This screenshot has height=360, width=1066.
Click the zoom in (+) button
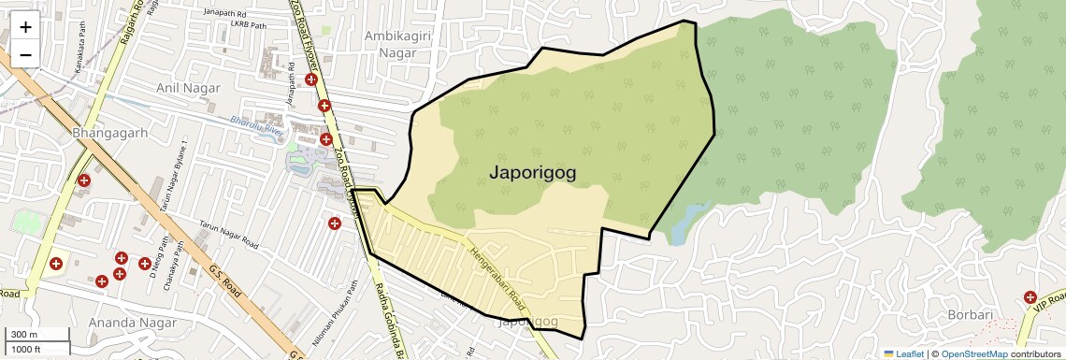click(x=25, y=27)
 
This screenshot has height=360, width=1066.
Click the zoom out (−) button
click(x=25, y=54)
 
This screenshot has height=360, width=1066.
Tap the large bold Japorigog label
click(x=532, y=172)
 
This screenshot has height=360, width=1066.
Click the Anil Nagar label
click(x=188, y=88)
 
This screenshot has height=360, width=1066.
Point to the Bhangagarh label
click(x=110, y=134)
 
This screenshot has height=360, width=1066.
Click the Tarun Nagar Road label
click(x=229, y=235)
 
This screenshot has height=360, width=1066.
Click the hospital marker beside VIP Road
click(x=1030, y=296)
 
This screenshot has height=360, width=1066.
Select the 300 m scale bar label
click(x=24, y=335)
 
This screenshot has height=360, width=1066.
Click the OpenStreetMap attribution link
click(x=973, y=353)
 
